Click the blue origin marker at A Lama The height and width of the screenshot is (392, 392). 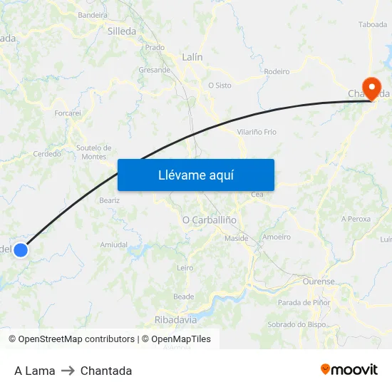click(21, 250)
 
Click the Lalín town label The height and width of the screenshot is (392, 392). click(192, 57)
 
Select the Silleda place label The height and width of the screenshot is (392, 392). click(121, 31)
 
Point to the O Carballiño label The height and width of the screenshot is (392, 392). click(210, 220)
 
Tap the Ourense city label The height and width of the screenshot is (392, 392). click(319, 282)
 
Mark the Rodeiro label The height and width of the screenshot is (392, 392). click(277, 72)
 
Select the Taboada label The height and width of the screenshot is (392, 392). click(373, 24)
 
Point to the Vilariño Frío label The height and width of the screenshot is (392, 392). click(257, 132)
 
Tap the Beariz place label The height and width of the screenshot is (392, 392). click(109, 200)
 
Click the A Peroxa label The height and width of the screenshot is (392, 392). click(356, 219)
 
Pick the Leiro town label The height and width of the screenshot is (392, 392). click(185, 268)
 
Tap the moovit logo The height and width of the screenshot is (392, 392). click(349, 369)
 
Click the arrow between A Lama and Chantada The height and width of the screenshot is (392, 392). click(68, 371)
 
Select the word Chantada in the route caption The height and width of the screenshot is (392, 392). click(106, 371)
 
